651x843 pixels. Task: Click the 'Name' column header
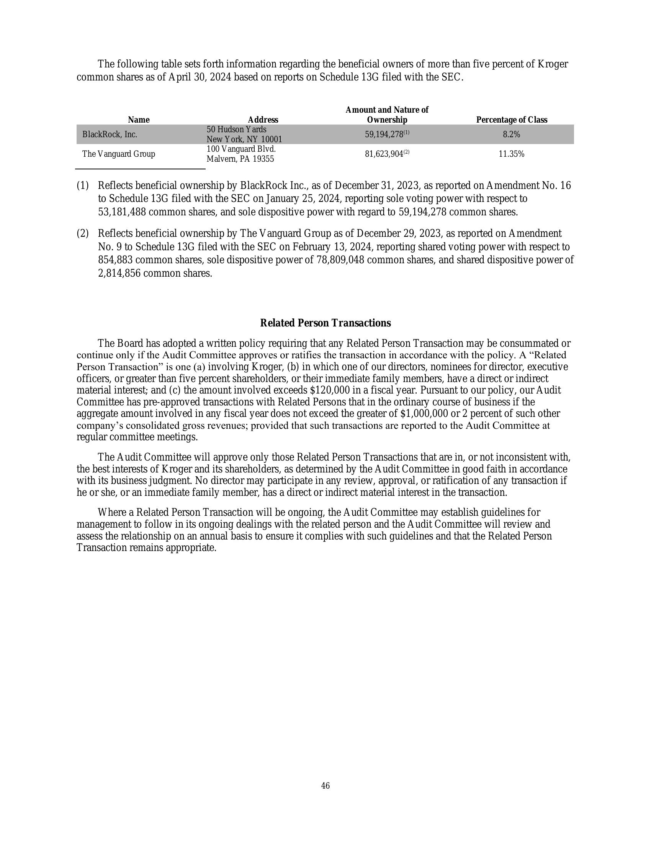click(139, 120)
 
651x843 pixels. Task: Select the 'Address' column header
click(263, 120)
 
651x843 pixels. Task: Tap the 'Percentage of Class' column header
click(511, 120)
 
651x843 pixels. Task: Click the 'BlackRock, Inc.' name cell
click(110, 134)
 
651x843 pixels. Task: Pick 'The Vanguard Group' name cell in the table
click(118, 154)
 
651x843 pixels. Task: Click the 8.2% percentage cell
click(511, 134)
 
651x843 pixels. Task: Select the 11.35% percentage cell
click(511, 154)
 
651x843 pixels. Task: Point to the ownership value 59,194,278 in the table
click(384, 134)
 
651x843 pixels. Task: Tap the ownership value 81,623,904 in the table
click(384, 154)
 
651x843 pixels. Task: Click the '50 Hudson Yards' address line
click(236, 129)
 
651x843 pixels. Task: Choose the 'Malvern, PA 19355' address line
click(240, 159)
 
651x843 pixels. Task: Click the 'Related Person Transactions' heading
click(325, 323)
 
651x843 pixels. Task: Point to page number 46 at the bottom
click(325, 786)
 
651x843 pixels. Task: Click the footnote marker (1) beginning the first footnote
click(83, 185)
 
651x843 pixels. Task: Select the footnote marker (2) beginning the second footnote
click(83, 233)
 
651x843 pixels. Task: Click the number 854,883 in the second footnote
click(115, 260)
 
